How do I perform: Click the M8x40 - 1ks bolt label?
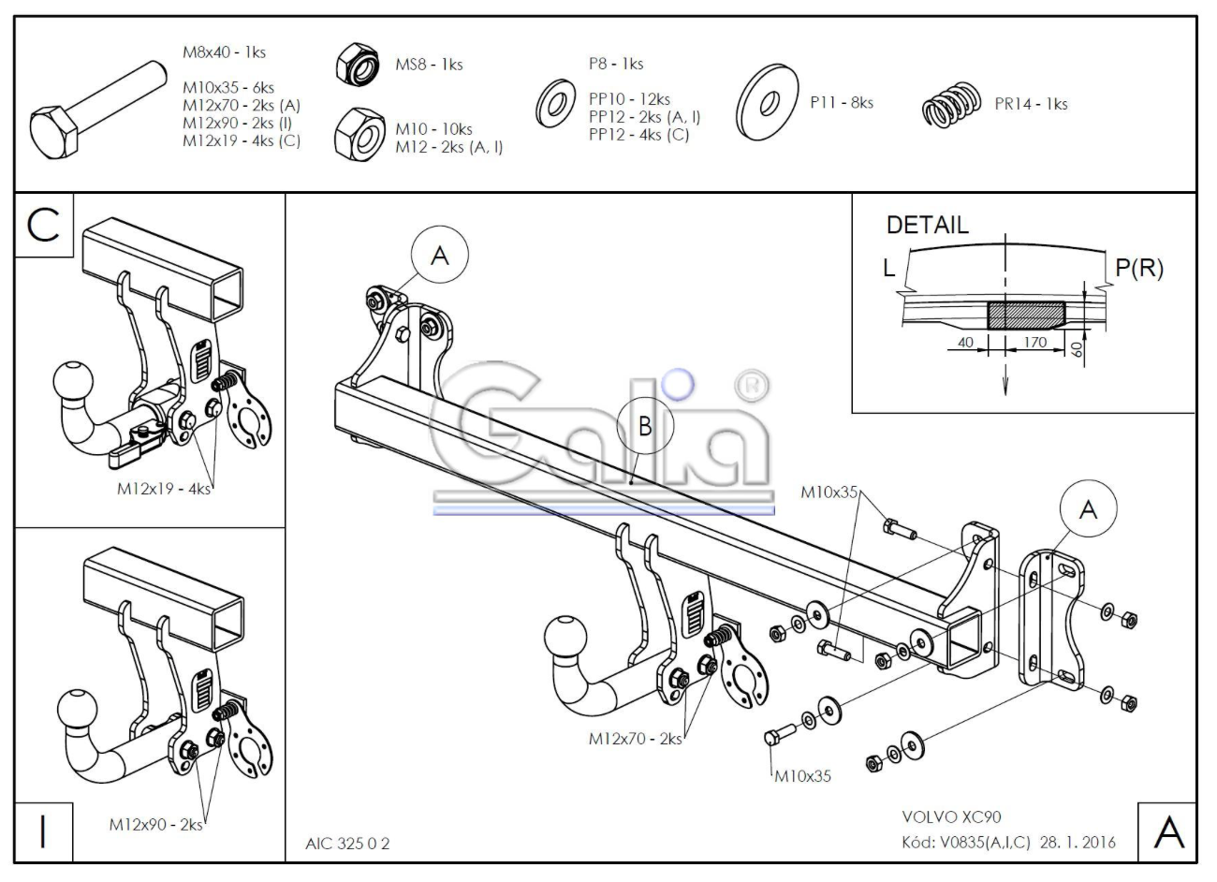click(224, 52)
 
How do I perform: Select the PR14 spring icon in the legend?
click(951, 105)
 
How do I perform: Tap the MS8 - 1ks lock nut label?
click(429, 65)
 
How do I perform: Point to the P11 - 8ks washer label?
click(842, 103)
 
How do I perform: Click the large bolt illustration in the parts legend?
click(97, 110)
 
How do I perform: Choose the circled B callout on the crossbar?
click(645, 426)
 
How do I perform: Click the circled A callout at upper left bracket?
click(440, 255)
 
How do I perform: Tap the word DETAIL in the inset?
click(928, 225)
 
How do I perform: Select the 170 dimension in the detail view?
click(1034, 343)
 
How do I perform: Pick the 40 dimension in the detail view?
click(965, 343)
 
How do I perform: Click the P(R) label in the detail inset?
click(1138, 268)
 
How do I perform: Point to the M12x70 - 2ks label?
click(635, 739)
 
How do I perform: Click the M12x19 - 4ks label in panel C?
click(164, 489)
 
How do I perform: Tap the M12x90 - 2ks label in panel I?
click(156, 824)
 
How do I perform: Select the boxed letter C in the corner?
click(43, 225)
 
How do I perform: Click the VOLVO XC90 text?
click(951, 816)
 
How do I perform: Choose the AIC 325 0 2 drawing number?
click(347, 844)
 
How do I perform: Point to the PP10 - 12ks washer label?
click(629, 99)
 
